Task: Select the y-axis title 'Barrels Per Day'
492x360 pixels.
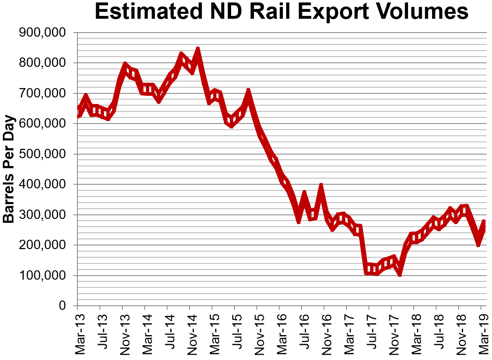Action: tap(9, 169)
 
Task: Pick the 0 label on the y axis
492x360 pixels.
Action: tap(62, 306)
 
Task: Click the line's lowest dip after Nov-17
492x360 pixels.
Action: tap(400, 274)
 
